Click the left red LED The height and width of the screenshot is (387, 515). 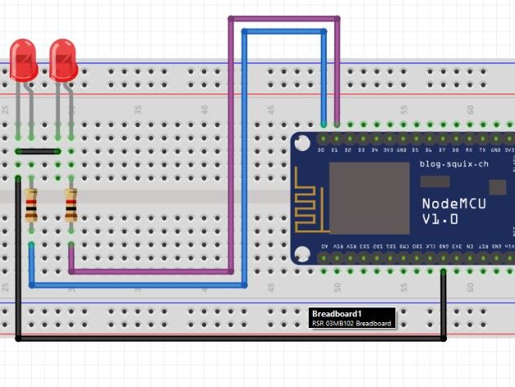[24, 61]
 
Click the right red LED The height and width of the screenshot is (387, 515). [63, 61]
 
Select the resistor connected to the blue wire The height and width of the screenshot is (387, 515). [31, 205]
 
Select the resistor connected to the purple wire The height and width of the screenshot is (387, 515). [71, 205]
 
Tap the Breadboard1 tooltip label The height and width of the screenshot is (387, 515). [352, 318]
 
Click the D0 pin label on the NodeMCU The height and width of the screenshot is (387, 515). [322, 151]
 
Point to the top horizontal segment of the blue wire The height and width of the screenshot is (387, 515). [284, 32]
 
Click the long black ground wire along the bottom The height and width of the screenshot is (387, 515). [229, 338]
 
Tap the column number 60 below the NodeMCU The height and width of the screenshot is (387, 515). [470, 288]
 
